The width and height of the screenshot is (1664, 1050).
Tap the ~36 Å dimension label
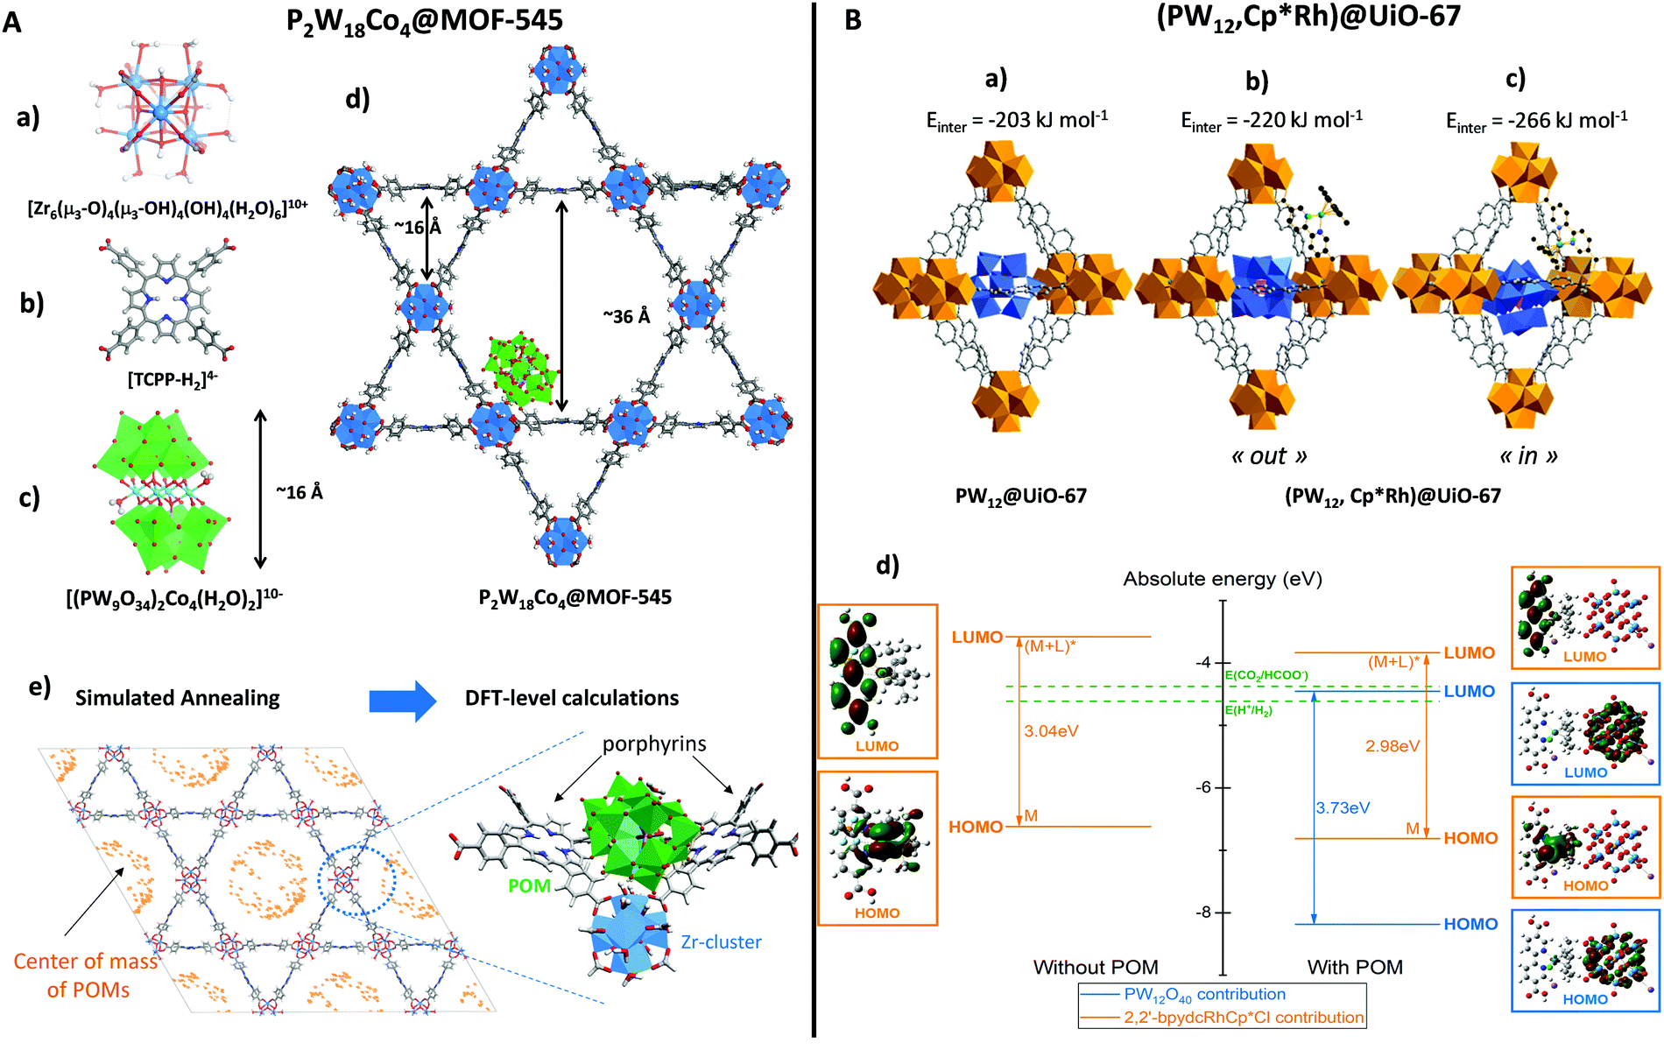626,316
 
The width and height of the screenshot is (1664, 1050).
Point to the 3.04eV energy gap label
1051,731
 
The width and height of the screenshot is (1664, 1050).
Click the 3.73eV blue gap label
1343,807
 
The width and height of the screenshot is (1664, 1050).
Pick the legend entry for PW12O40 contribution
1204,994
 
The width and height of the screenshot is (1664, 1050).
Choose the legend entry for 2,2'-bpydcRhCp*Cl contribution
1244,1018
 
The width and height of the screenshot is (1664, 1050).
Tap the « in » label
1528,456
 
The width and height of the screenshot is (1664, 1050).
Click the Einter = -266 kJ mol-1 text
1536,121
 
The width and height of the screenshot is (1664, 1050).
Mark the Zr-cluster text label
720,942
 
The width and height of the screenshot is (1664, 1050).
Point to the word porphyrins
653,744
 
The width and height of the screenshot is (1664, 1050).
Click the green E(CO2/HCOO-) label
1266,675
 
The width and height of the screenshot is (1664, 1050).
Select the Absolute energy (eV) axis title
1223,579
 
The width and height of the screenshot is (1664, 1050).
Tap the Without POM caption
1095,967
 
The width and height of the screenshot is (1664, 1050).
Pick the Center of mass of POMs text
85,976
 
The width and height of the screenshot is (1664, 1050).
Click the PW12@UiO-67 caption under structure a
1020,496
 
